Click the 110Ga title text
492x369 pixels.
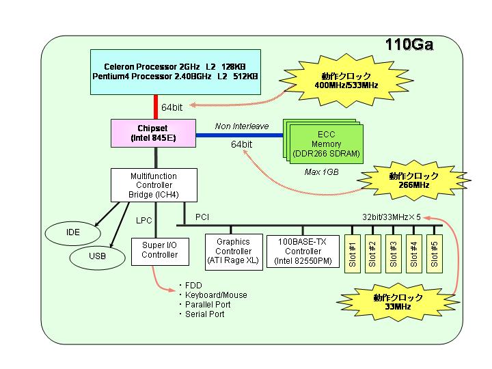pos(409,44)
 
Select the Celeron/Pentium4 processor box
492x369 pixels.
pos(176,72)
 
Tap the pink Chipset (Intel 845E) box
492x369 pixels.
pos(153,133)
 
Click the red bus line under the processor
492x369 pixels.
pos(156,107)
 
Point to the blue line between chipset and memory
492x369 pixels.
pos(239,135)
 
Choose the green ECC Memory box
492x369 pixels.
pos(327,144)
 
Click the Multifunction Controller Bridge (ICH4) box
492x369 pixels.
pos(154,185)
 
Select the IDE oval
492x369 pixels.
pos(73,232)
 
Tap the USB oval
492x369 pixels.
pos(97,256)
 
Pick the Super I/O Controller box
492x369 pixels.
pos(160,251)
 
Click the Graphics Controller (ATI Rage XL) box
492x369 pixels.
pos(234,251)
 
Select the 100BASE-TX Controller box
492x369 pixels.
pos(303,251)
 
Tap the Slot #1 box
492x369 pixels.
pos(353,254)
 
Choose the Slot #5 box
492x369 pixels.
pos(435,254)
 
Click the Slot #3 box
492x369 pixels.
pos(394,254)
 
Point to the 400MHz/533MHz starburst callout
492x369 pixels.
pos(346,81)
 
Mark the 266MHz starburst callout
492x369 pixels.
pos(413,180)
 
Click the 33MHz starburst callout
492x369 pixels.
pos(398,302)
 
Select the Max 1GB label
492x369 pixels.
pos(322,172)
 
